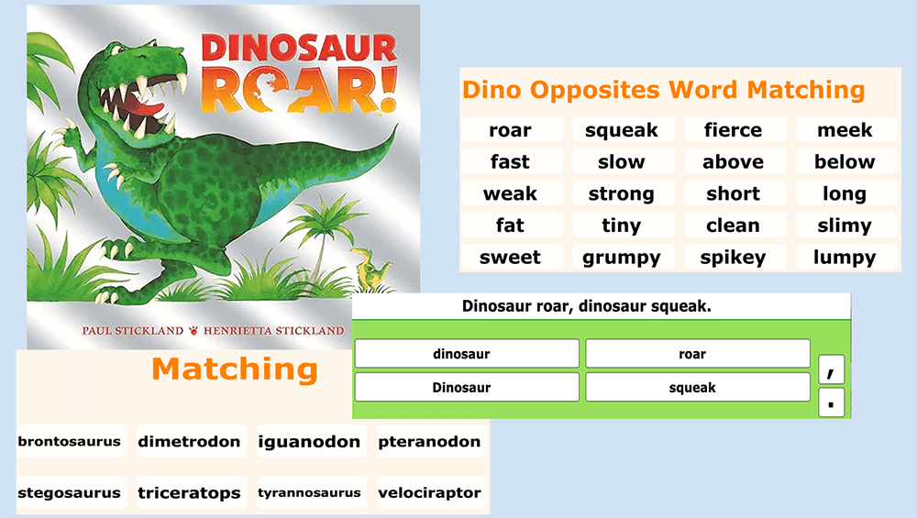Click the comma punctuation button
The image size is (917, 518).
click(831, 369)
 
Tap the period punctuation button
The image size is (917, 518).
click(831, 402)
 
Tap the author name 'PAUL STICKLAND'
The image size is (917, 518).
click(132, 330)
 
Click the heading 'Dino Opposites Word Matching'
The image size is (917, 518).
click(663, 90)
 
